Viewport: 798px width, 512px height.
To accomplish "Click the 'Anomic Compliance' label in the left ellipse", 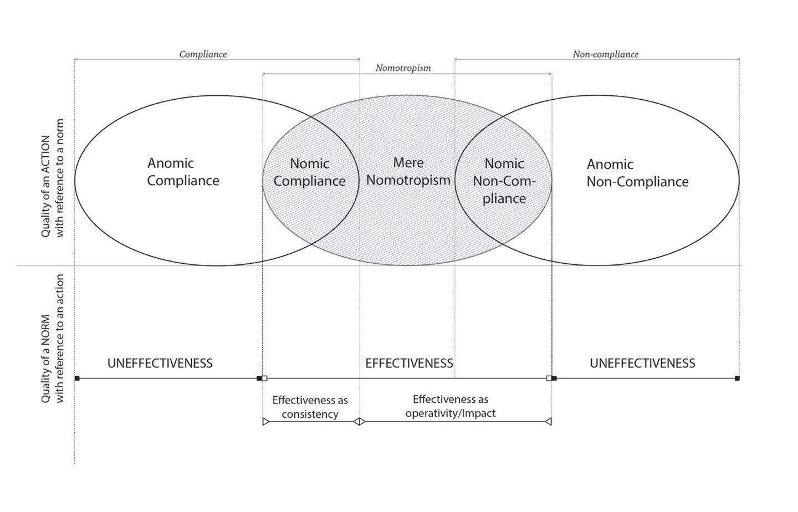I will pyautogui.click(x=183, y=172).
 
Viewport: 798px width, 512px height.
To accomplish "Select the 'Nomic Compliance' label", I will pyautogui.click(x=309, y=172).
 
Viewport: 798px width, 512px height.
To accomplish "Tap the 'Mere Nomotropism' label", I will pyautogui.click(x=408, y=171).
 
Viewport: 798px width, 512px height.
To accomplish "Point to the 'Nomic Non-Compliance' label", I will pyautogui.click(x=504, y=181).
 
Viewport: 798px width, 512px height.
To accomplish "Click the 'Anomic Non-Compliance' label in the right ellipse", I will pyautogui.click(x=637, y=173).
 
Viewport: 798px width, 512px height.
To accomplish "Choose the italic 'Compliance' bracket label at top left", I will pyautogui.click(x=203, y=54).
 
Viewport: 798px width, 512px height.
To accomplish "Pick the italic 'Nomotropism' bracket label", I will pyautogui.click(x=403, y=68).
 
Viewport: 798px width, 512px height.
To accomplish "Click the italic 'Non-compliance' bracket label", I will pyautogui.click(x=605, y=54).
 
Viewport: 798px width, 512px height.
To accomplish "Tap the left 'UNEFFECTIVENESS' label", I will pyautogui.click(x=160, y=363).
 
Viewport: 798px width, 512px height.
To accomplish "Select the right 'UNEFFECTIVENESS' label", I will pyautogui.click(x=642, y=363).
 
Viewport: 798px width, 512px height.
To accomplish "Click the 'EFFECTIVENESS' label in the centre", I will pyautogui.click(x=409, y=363).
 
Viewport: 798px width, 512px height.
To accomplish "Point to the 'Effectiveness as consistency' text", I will pyautogui.click(x=310, y=407).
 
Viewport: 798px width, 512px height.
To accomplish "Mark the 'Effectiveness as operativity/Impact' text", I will pyautogui.click(x=451, y=406).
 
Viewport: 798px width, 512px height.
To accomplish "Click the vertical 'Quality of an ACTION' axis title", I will pyautogui.click(x=53, y=178).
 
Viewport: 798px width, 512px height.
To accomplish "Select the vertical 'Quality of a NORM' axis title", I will pyautogui.click(x=53, y=339).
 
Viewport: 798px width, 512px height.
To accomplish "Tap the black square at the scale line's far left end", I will pyautogui.click(x=78, y=378).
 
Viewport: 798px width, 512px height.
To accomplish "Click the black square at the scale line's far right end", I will pyautogui.click(x=737, y=378).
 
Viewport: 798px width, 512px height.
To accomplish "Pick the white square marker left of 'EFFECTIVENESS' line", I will pyautogui.click(x=265, y=378).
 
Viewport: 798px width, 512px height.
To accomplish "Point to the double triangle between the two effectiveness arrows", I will pyautogui.click(x=359, y=422).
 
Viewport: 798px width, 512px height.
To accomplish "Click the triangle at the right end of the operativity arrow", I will pyautogui.click(x=548, y=422).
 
